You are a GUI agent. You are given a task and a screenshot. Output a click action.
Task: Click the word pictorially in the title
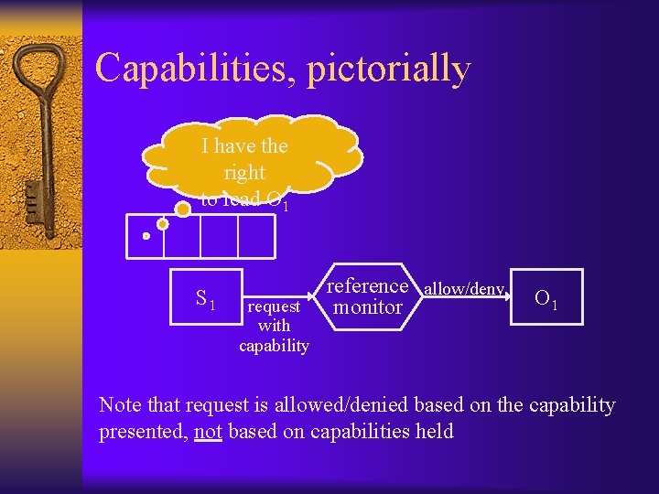pos(389,70)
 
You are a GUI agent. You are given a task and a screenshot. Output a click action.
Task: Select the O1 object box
pos(547,297)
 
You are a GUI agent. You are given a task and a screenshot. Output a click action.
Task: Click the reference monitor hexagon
pos(368,296)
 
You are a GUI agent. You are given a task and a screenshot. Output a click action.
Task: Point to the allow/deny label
pos(463,289)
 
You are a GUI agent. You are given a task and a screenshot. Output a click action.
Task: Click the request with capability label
pos(274,326)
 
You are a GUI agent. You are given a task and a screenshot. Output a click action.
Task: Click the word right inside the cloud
pos(244,172)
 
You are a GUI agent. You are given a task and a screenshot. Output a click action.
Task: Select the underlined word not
pos(208,432)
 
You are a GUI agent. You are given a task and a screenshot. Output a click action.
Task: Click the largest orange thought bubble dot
pos(182,209)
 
